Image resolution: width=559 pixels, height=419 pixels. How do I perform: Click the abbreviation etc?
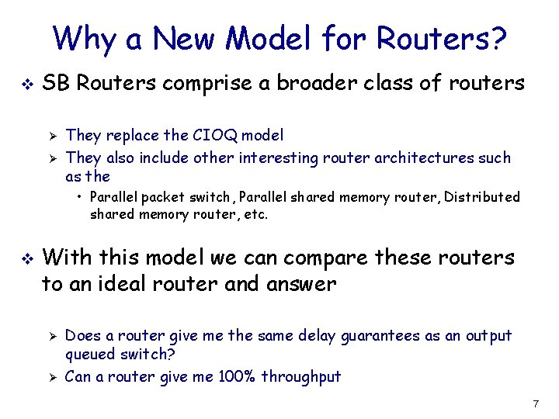tap(255, 214)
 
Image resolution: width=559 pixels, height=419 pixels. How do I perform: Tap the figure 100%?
tap(232, 377)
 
